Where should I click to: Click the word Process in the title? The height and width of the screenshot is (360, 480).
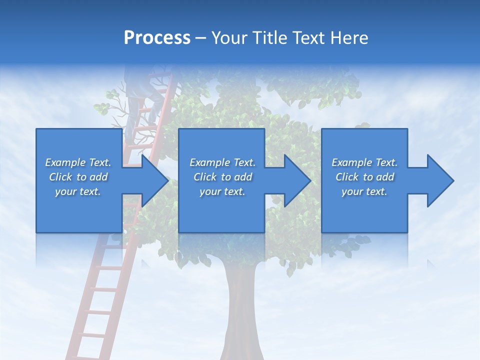coord(157,38)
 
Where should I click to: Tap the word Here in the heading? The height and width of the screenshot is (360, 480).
coord(349,38)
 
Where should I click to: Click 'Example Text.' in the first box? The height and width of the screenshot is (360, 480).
coord(78,162)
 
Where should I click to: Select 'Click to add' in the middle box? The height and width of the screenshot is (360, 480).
coord(222,177)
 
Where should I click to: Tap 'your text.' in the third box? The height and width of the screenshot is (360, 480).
coord(364,191)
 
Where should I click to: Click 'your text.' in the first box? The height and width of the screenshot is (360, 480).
coord(78,191)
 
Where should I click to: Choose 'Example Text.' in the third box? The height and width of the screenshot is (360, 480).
coord(364,162)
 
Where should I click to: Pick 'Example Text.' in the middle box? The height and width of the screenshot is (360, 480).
coord(222,162)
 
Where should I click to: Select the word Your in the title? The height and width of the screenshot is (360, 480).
coord(230,38)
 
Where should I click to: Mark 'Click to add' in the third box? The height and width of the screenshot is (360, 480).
coord(364,177)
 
